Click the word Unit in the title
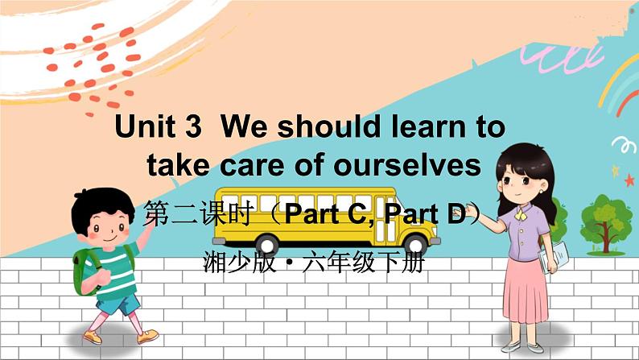coord(145,127)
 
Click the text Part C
coord(328,215)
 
